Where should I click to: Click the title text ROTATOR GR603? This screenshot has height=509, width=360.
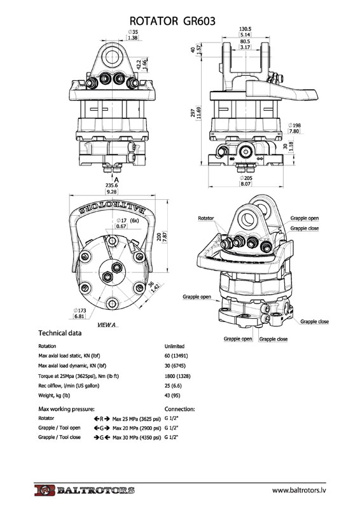pos(172,21)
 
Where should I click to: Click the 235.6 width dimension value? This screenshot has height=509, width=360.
pos(112,185)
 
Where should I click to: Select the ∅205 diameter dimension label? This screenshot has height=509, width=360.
pos(246,178)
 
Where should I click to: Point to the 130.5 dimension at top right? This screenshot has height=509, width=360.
pos(245,29)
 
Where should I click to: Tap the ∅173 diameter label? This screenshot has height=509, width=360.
pos(80,310)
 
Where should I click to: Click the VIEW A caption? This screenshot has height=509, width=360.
pos(106,324)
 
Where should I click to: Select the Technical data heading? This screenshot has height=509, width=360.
pos(60,333)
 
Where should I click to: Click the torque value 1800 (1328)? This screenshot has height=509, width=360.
pos(177,376)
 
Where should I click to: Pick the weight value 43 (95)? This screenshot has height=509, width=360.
pos(172,395)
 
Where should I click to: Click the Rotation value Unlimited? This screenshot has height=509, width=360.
pos(174,346)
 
